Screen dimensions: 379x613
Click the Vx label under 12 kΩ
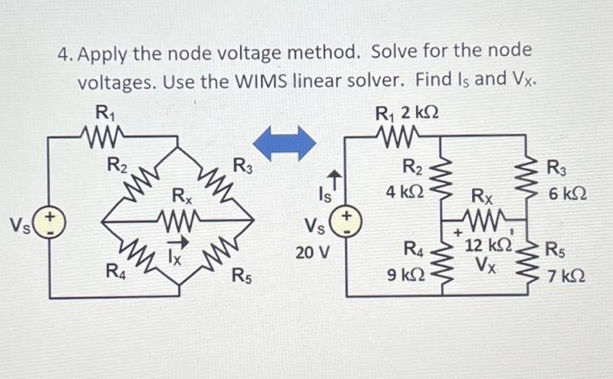485,263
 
